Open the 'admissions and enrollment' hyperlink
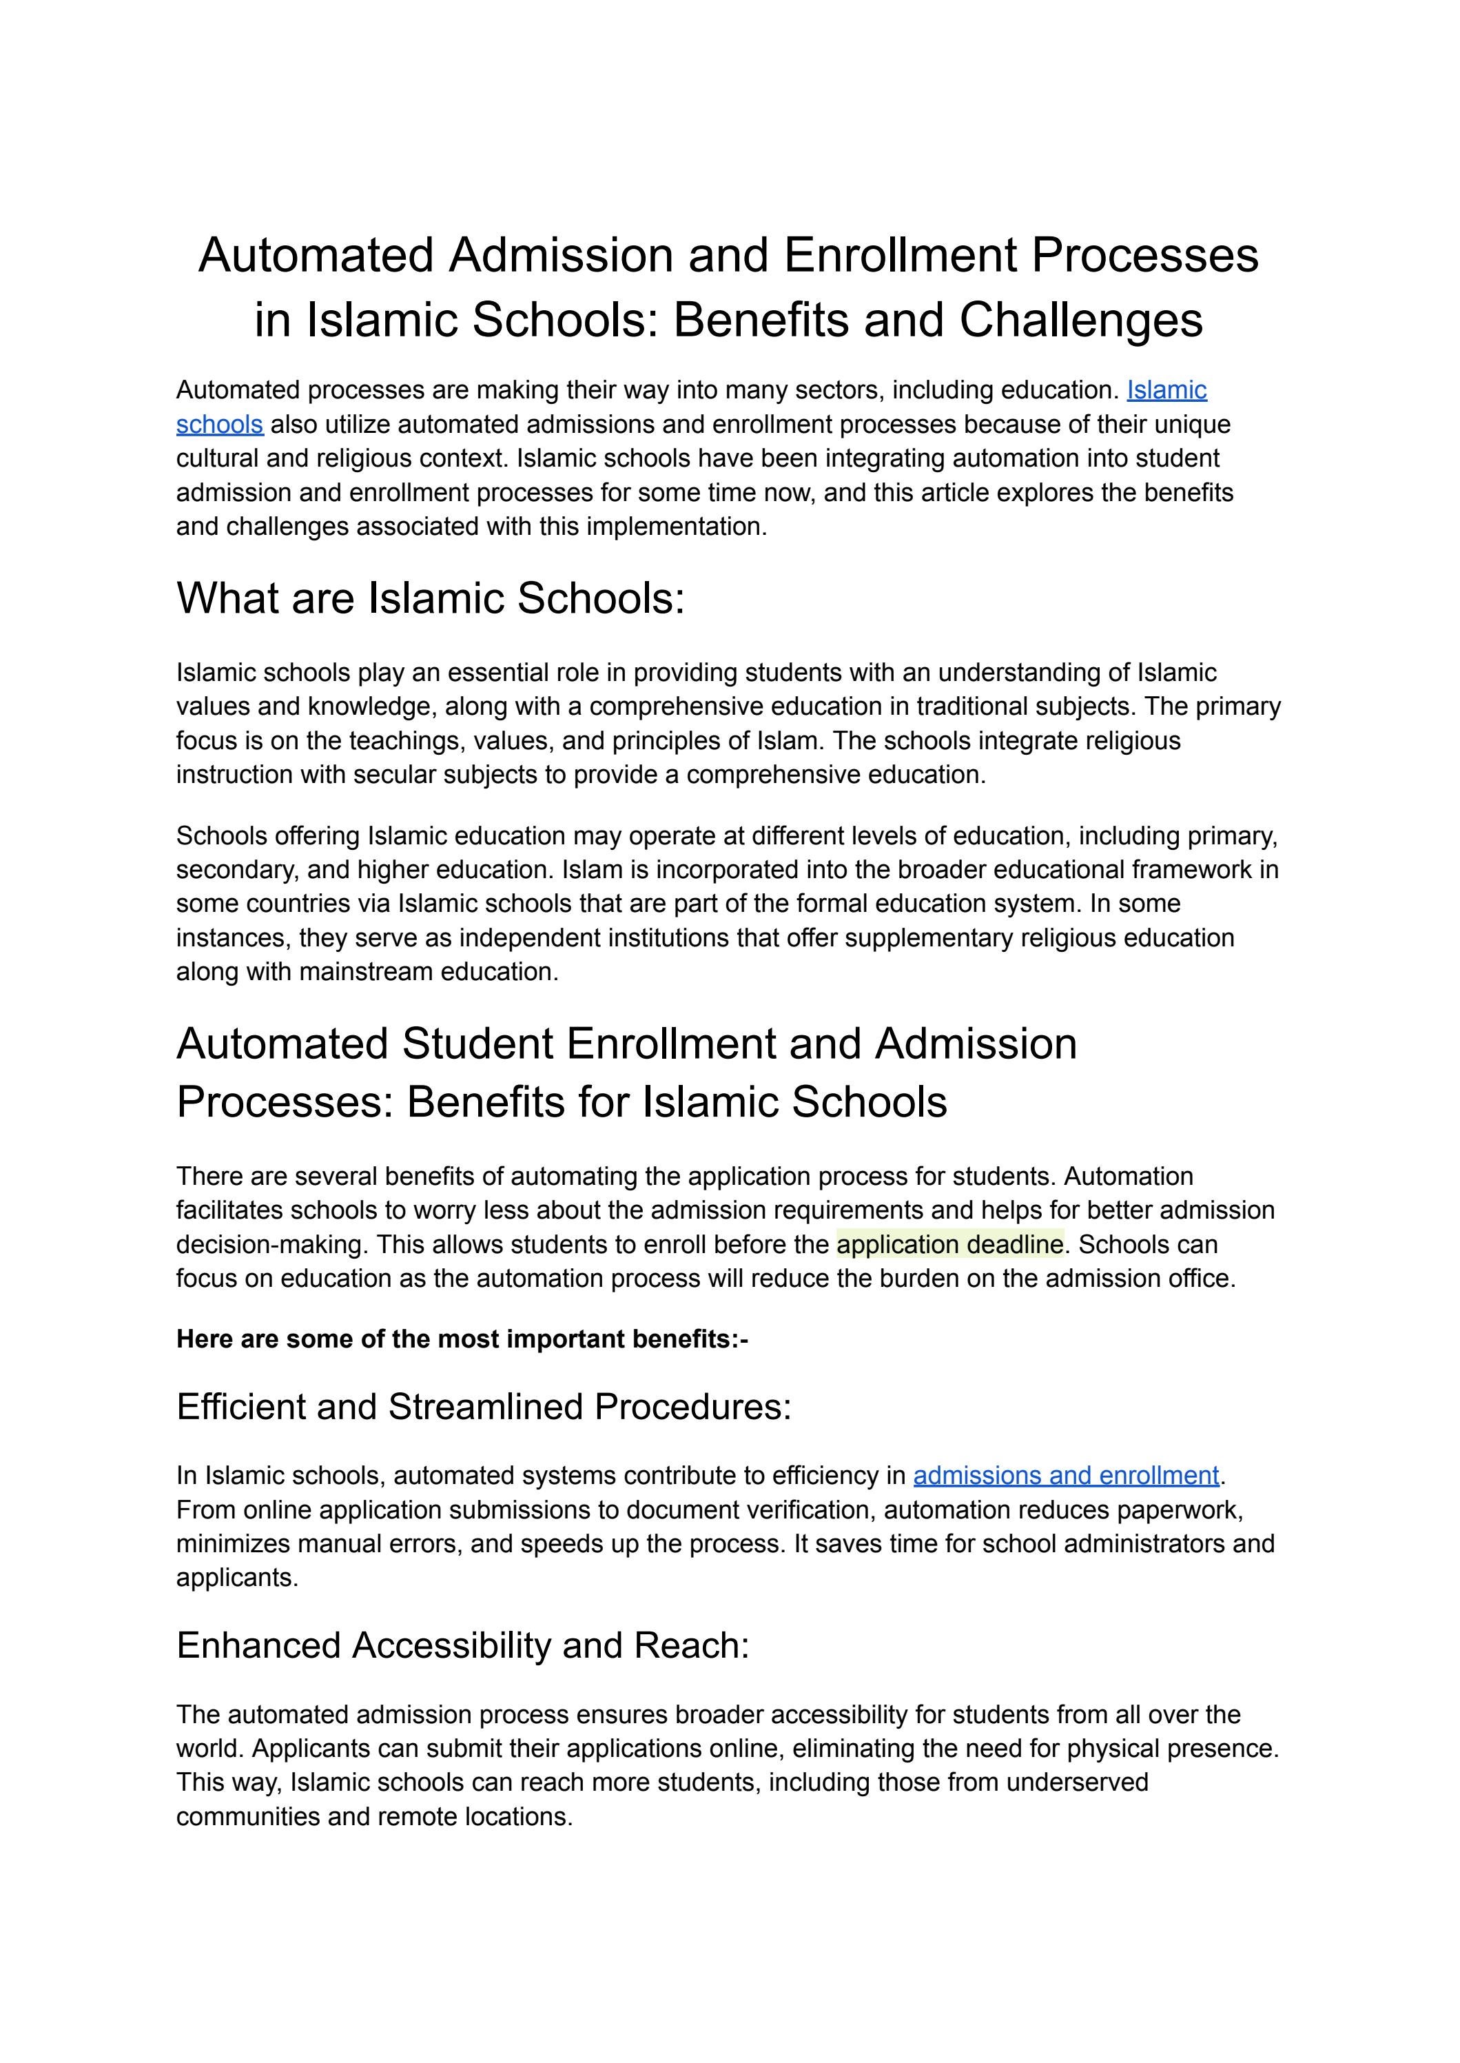point(1065,1476)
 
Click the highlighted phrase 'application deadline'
point(949,1245)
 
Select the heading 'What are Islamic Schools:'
point(430,598)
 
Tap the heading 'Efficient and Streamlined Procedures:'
point(484,1407)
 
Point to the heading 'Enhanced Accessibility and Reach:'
point(462,1646)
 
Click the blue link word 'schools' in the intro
point(219,425)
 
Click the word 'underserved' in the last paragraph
point(1077,1782)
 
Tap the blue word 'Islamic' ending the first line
point(1166,390)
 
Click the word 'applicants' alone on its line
point(236,1578)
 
